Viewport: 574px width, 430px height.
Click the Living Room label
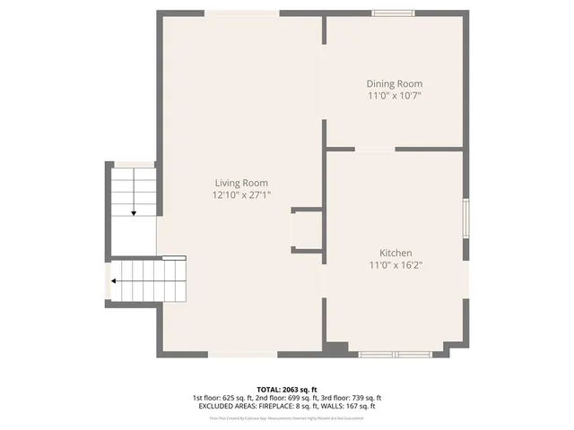tap(240, 183)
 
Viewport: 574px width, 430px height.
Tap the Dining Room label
tap(395, 83)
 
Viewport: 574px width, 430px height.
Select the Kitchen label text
tap(395, 254)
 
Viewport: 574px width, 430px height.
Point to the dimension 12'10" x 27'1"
tap(240, 194)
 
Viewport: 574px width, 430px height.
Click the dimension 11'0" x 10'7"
tap(395, 95)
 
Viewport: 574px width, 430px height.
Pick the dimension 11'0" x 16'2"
tap(395, 265)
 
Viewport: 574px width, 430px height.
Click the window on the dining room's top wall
tap(394, 13)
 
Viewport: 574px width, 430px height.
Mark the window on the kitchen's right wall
tap(465, 218)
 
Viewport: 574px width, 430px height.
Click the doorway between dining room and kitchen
tap(375, 149)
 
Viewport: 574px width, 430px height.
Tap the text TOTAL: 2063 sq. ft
tap(286, 390)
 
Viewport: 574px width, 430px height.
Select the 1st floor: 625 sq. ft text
tap(222, 398)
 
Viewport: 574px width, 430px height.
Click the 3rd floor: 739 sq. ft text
tap(351, 398)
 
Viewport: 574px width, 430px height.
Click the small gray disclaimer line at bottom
tap(286, 417)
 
